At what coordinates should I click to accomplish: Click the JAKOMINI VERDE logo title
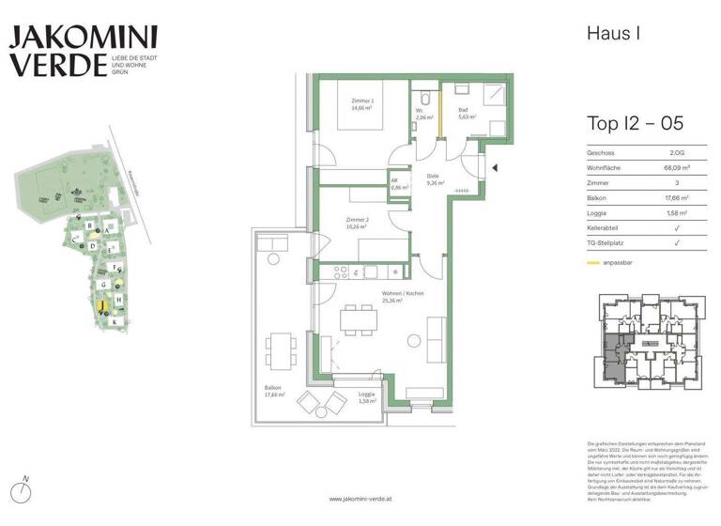pyautogui.click(x=83, y=51)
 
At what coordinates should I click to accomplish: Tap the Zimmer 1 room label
pyautogui.click(x=363, y=103)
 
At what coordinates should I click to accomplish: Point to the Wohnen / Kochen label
pyautogui.click(x=402, y=298)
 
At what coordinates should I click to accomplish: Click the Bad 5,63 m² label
pyautogui.click(x=467, y=115)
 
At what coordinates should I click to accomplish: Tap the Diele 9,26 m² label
pyautogui.click(x=435, y=179)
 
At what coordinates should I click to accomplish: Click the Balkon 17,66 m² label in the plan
pyautogui.click(x=275, y=391)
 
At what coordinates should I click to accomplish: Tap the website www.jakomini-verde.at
pyautogui.click(x=360, y=499)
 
